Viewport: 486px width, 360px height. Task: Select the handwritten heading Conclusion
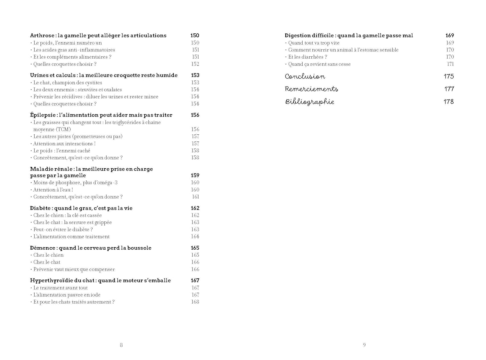pyautogui.click(x=305, y=76)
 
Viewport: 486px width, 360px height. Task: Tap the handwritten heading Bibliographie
pyautogui.click(x=309, y=102)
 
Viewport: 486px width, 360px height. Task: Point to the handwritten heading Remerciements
pyautogui.click(x=311, y=89)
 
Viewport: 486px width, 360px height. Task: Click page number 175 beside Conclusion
pyautogui.click(x=449, y=76)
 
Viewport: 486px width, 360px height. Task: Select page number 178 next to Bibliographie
pyautogui.click(x=449, y=102)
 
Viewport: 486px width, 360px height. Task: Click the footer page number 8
pyautogui.click(x=121, y=345)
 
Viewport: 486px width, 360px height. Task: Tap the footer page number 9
pyautogui.click(x=364, y=345)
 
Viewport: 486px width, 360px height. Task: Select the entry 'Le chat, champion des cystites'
pyautogui.click(x=68, y=83)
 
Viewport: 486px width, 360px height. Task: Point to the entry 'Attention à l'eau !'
pyautogui.click(x=53, y=190)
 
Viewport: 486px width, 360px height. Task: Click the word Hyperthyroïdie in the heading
pyautogui.click(x=51, y=280)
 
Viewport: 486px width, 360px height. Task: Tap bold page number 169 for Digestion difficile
pyautogui.click(x=450, y=36)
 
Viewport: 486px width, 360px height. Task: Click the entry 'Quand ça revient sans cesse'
pyautogui.click(x=319, y=64)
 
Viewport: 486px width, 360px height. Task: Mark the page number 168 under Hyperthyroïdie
pyautogui.click(x=195, y=302)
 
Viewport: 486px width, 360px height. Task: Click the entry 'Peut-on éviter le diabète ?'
pyautogui.click(x=63, y=230)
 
